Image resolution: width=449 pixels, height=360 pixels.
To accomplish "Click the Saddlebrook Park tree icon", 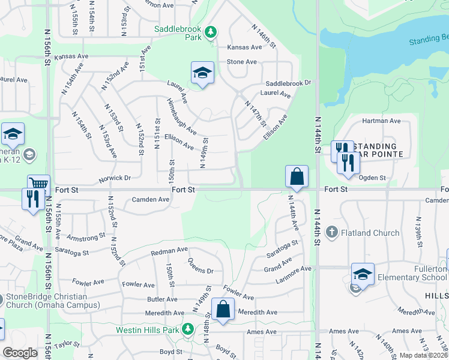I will (211, 31).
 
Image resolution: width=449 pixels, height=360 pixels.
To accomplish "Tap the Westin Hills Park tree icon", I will (188, 329).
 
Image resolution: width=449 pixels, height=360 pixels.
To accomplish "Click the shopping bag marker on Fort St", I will (297, 176).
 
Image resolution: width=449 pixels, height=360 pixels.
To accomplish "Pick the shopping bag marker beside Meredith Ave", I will (223, 310).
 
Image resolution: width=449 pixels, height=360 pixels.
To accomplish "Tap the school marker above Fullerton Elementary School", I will (363, 274).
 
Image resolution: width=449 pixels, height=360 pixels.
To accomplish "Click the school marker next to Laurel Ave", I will (203, 73).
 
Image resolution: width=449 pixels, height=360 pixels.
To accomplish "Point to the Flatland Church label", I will (370, 233).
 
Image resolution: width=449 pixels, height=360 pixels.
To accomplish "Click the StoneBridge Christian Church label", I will (53, 301).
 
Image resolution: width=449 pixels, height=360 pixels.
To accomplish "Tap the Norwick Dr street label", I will (115, 178).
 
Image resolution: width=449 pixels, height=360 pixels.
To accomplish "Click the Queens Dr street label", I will (200, 266).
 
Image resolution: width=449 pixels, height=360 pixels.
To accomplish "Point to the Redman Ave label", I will (169, 250).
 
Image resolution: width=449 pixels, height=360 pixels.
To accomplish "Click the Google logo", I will (20, 353).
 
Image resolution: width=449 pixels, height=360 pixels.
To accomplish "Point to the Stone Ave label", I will (242, 62).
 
